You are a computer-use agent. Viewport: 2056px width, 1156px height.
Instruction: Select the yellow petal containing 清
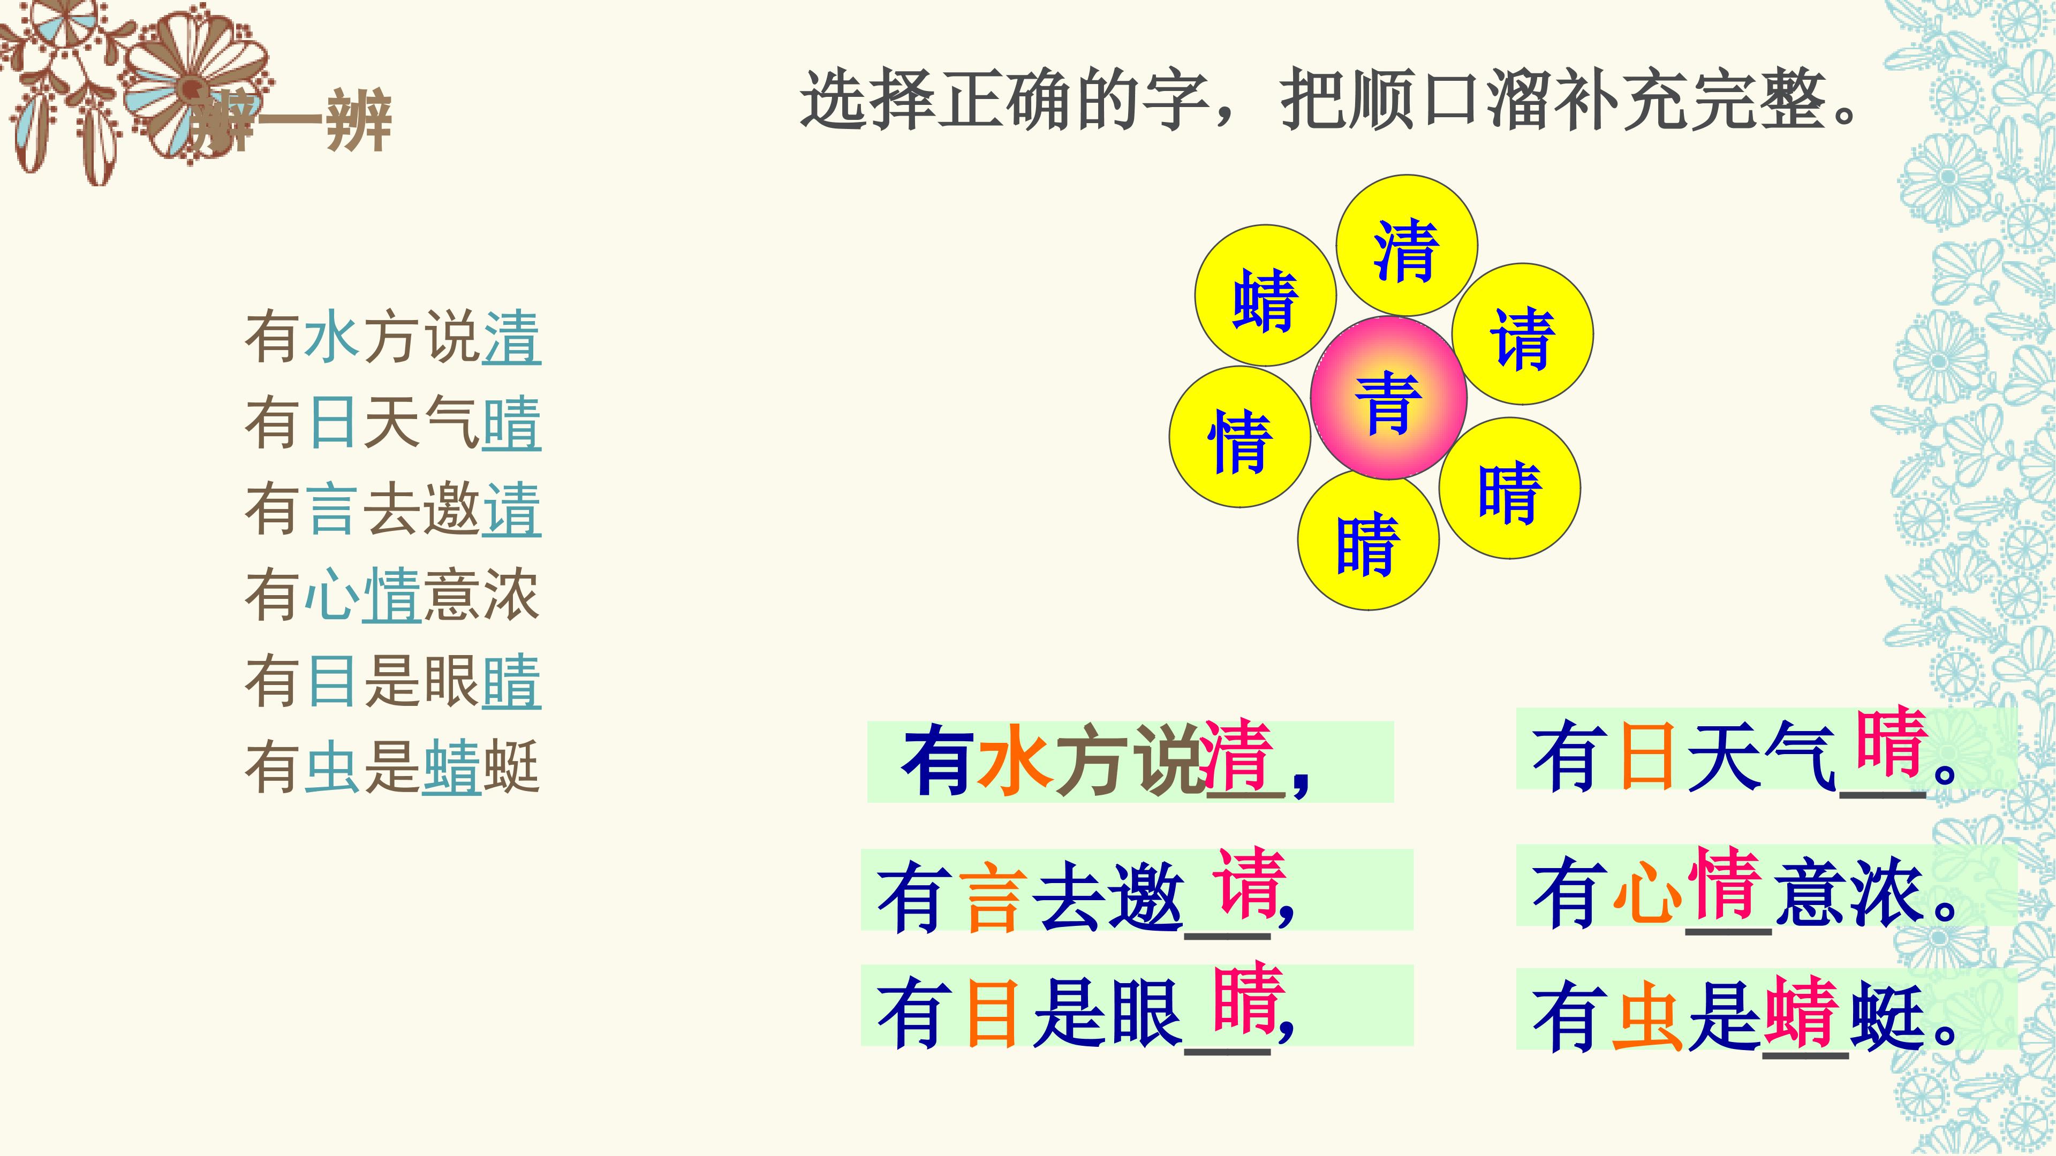pyautogui.click(x=1407, y=245)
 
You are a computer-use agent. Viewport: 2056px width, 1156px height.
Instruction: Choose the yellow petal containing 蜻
pyautogui.click(x=1265, y=295)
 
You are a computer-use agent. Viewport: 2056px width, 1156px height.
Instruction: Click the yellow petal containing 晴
pyautogui.click(x=1509, y=488)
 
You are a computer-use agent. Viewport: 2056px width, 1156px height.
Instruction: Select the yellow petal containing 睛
pyautogui.click(x=1368, y=540)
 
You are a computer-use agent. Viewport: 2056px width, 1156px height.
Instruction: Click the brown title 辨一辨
pyautogui.click(x=289, y=122)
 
